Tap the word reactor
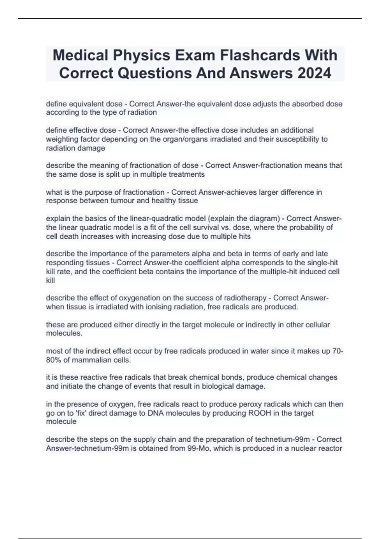point(330,448)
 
